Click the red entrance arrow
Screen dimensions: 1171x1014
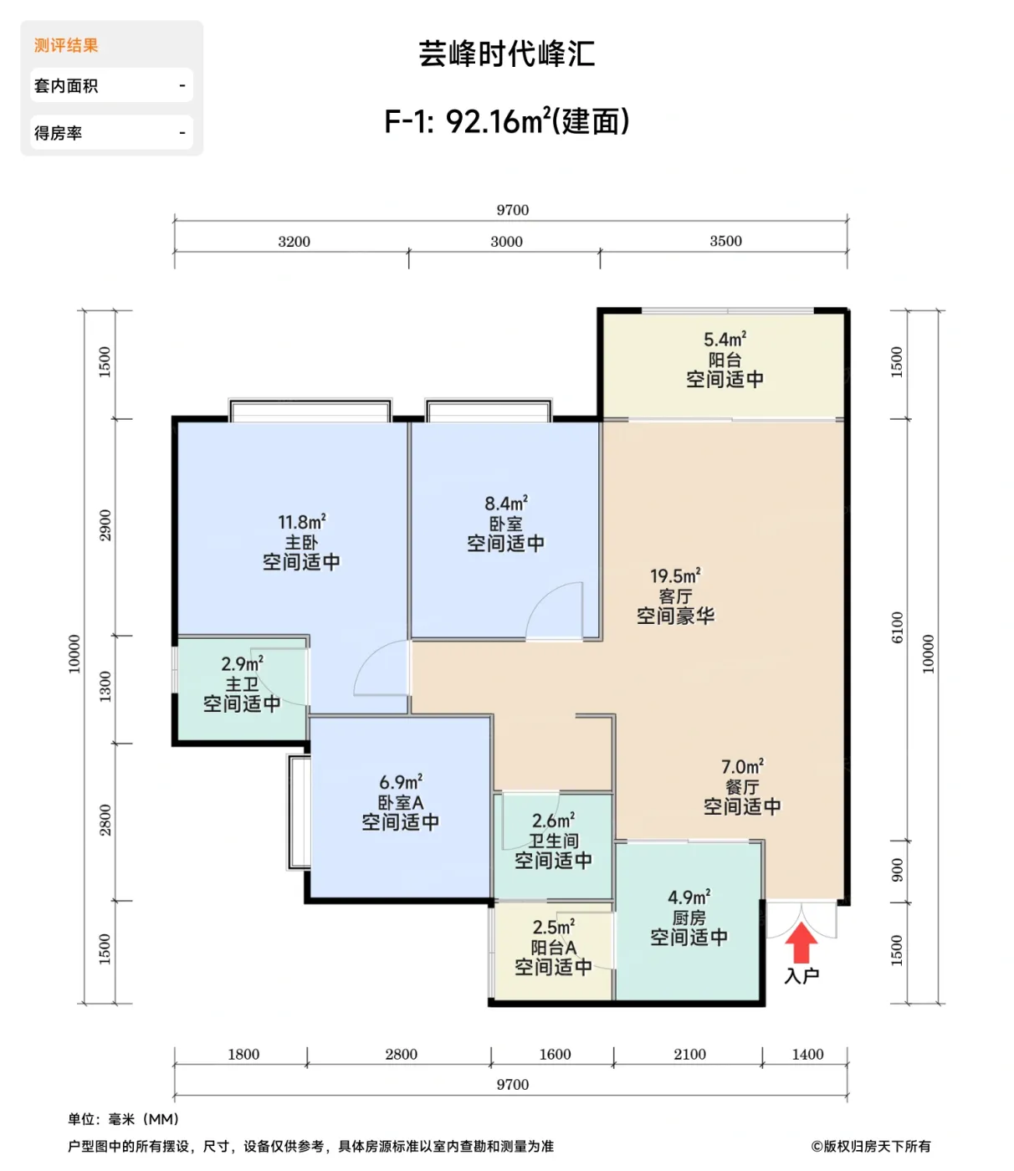coord(801,943)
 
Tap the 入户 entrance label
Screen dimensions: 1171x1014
coord(801,975)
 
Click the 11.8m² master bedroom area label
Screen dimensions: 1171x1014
coord(301,522)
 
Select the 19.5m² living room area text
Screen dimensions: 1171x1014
coord(674,575)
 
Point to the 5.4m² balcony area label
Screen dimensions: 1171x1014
coord(725,340)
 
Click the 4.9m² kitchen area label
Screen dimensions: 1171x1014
coord(689,897)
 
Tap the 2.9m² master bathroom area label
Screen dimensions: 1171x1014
coord(242,664)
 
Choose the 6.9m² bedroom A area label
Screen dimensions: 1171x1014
coord(400,782)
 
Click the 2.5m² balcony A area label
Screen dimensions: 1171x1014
coord(553,927)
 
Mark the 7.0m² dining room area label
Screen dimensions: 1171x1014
coord(742,766)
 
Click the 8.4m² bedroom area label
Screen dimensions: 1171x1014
coord(505,504)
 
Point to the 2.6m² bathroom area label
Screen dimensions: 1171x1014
coord(553,821)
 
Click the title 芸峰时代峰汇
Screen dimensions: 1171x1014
coord(506,54)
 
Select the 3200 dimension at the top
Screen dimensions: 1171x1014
coord(294,242)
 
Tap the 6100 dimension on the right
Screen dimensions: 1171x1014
coord(897,627)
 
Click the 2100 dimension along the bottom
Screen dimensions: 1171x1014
coord(689,1055)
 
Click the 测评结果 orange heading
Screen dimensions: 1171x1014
coord(66,45)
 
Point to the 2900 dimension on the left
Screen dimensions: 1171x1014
coord(105,525)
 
